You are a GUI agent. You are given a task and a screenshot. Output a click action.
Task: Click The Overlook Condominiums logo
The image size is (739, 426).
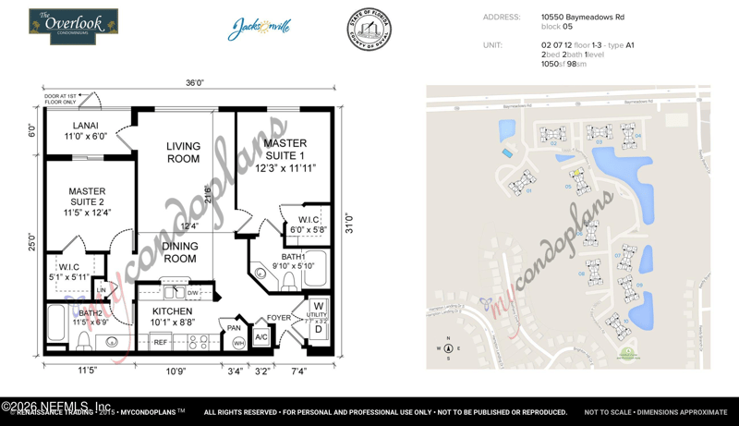click(x=73, y=27)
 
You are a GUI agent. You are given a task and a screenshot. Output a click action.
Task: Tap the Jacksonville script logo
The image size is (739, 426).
click(x=260, y=28)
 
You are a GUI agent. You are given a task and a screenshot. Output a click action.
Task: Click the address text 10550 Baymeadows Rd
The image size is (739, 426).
click(x=582, y=17)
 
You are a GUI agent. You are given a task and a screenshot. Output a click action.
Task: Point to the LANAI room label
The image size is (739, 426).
click(x=86, y=130)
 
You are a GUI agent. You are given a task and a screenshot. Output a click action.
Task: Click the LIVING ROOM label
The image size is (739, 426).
click(x=183, y=152)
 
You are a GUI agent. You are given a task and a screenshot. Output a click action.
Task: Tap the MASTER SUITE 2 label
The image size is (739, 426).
click(x=87, y=202)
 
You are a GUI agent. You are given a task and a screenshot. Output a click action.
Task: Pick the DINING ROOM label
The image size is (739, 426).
click(x=180, y=251)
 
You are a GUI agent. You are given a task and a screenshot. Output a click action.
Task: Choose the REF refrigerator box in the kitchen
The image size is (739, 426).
click(x=160, y=342)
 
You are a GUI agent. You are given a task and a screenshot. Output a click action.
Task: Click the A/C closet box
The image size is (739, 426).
click(x=260, y=338)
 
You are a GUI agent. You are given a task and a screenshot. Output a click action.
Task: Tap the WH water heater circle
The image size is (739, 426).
click(x=237, y=343)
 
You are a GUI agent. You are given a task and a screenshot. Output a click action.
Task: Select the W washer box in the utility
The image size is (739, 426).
click(x=319, y=307)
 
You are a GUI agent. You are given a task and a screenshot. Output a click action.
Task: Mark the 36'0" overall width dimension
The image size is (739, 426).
click(x=194, y=83)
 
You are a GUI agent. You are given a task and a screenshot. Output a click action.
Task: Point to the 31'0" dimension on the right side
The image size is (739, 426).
click(x=348, y=224)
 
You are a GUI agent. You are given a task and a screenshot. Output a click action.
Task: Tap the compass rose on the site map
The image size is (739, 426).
click(x=448, y=348)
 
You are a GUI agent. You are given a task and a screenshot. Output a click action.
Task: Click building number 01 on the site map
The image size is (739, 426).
click(x=529, y=190)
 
